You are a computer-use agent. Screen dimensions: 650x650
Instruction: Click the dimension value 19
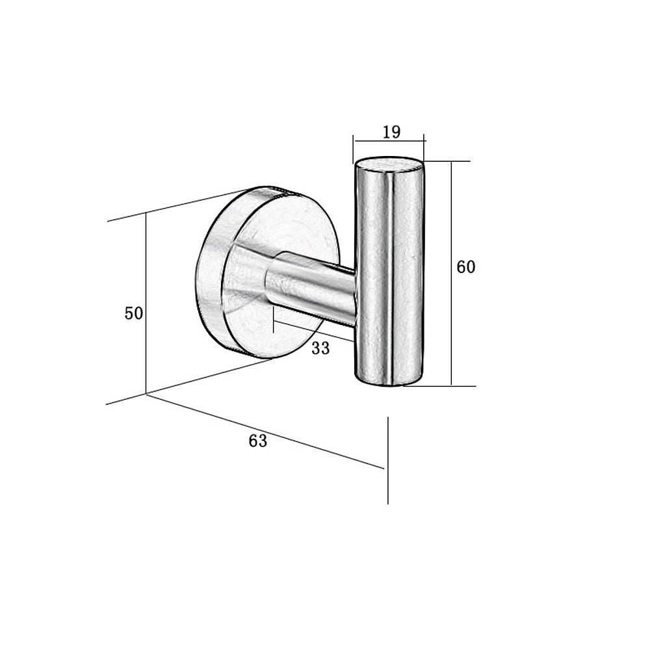click(x=392, y=132)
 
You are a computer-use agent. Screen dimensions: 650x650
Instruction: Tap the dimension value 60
click(x=466, y=267)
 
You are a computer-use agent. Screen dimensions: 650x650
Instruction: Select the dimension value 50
click(x=134, y=313)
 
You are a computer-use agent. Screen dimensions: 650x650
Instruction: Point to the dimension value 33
click(x=320, y=348)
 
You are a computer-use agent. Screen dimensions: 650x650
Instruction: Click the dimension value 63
click(x=258, y=441)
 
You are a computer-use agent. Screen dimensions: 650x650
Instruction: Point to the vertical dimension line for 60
click(x=452, y=274)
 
